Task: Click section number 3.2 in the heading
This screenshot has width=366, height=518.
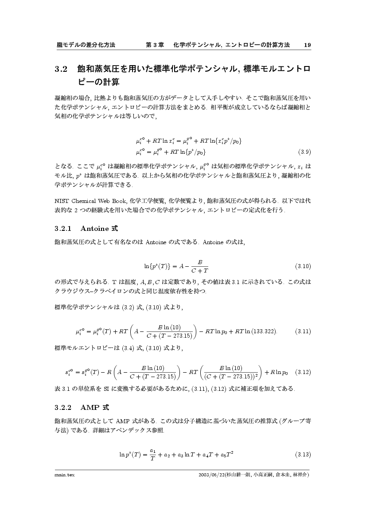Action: point(61,69)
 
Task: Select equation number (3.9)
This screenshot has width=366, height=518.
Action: point(304,152)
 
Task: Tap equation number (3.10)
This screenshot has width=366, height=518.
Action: point(303,266)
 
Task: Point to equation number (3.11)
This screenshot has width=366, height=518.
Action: point(303,331)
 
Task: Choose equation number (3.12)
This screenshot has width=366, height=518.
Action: point(303,372)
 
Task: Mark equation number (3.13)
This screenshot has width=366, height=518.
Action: point(303,455)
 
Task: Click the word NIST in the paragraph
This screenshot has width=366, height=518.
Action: point(61,200)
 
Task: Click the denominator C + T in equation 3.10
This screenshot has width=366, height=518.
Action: point(200,270)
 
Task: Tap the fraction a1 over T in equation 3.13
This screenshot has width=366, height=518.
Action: point(152,455)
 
